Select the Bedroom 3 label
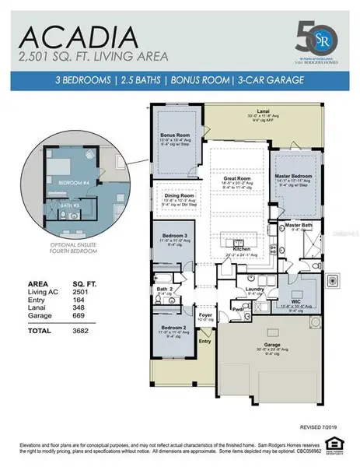coord(174,235)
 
